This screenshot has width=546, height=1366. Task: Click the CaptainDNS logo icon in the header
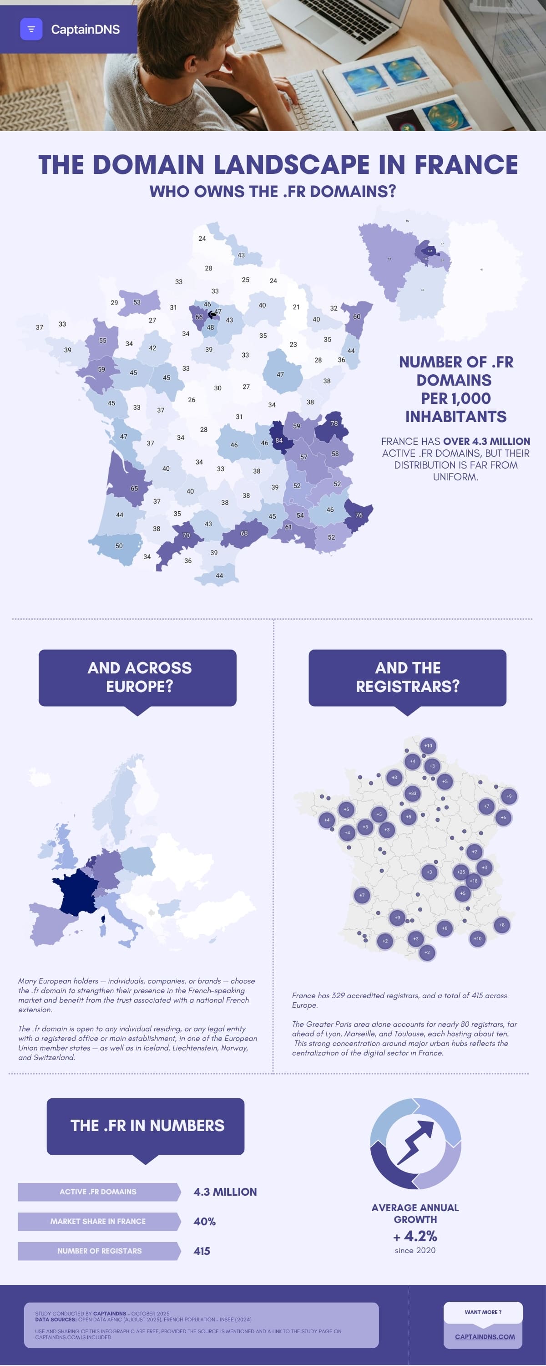tap(31, 29)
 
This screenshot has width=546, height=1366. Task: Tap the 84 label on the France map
tap(279, 440)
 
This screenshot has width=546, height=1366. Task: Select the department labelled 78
tap(334, 423)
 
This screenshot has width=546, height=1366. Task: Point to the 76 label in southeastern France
tap(359, 515)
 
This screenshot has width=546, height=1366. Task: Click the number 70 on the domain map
tap(186, 535)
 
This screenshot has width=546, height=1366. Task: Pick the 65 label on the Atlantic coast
tap(134, 489)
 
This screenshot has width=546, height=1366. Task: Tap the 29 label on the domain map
tap(114, 302)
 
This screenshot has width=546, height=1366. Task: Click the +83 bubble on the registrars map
tap(412, 793)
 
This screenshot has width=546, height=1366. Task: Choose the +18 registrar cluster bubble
tap(473, 881)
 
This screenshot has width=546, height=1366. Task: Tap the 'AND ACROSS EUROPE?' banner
tap(137, 677)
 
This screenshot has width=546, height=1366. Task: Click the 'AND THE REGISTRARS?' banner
tap(407, 677)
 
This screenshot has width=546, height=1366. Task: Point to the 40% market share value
tap(205, 1221)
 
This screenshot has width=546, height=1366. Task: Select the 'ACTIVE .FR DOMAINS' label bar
tap(98, 1192)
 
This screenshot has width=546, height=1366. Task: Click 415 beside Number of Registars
tap(202, 1251)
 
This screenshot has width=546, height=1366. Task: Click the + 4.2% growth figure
tap(415, 1236)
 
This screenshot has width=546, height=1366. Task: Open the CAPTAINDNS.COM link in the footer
tap(485, 1336)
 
